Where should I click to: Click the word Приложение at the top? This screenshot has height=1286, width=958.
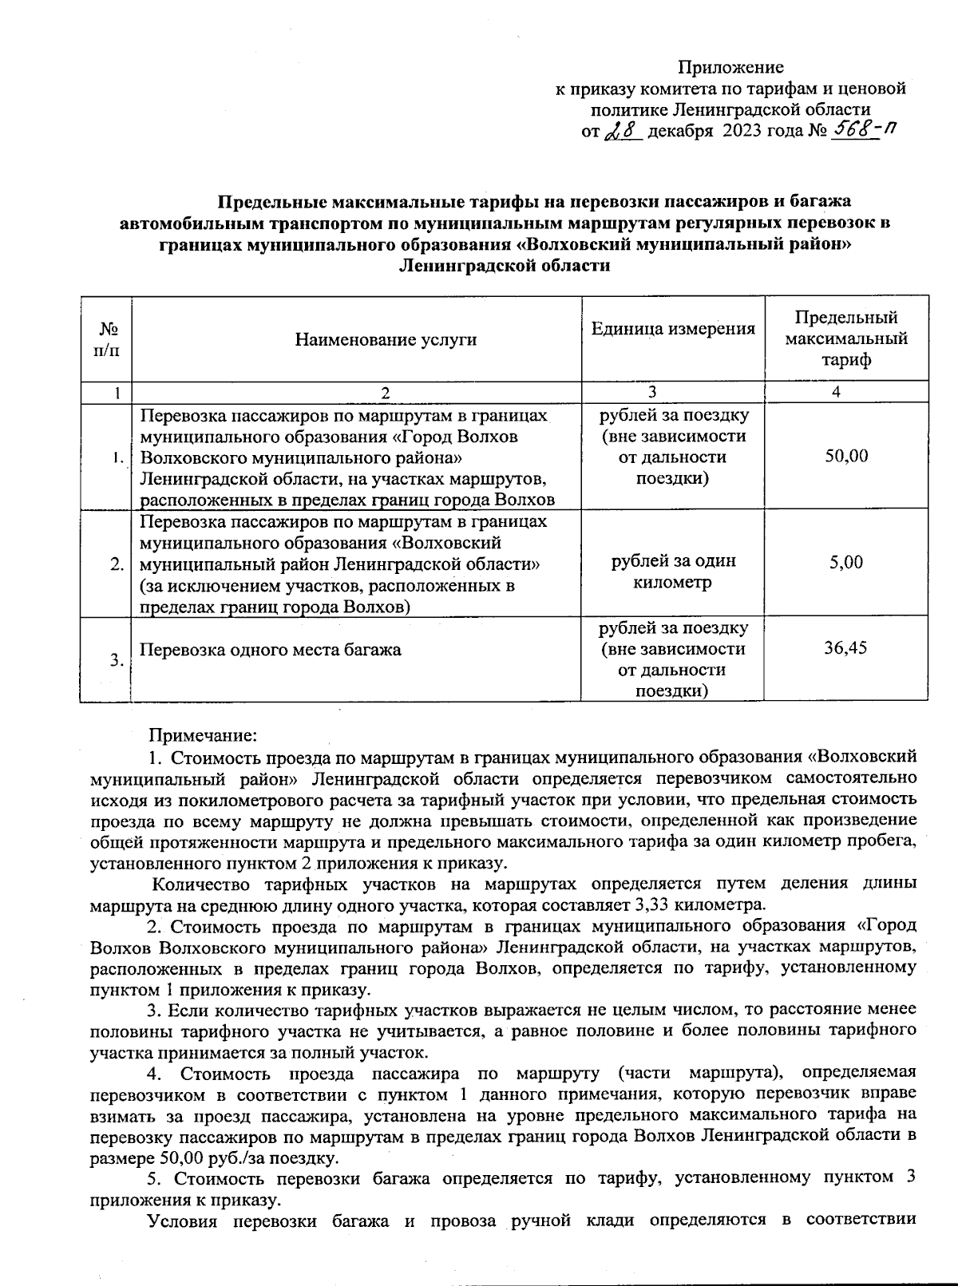(730, 67)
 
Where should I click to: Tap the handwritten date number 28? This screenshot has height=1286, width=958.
(623, 131)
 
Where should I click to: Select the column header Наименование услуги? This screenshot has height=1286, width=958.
(386, 340)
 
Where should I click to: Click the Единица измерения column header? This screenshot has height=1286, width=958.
(673, 329)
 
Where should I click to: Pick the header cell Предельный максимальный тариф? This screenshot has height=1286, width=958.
(846, 339)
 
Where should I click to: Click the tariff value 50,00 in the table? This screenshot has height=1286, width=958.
(846, 456)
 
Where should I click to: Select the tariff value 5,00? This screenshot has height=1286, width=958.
(846, 562)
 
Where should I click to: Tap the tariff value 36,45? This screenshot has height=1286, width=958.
(846, 647)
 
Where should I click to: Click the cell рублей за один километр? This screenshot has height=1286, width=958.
(673, 572)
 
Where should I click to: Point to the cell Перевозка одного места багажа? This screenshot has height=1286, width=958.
(271, 650)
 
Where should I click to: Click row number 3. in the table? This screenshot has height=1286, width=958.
(117, 660)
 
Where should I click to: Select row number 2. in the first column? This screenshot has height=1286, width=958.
(117, 564)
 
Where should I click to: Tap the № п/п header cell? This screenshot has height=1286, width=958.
(106, 340)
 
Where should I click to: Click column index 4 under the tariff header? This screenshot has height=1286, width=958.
(836, 392)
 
